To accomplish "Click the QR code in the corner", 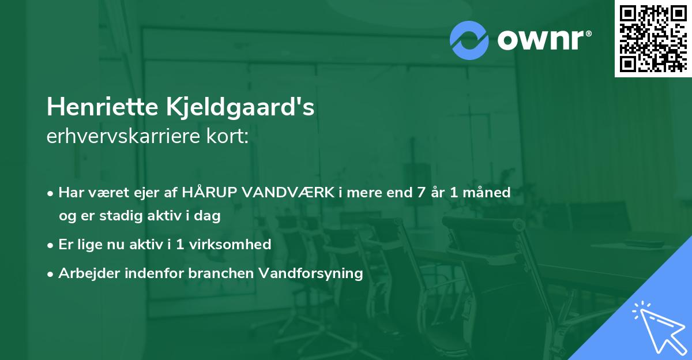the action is click(x=653, y=39).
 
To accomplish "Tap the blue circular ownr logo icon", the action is click(x=469, y=40).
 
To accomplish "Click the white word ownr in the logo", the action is click(x=540, y=40).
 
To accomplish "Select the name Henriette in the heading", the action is click(x=103, y=107).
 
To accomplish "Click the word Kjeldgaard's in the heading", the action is click(x=240, y=108).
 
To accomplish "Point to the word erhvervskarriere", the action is click(x=123, y=136).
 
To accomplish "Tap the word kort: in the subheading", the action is click(x=227, y=136).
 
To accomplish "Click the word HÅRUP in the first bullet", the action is click(x=209, y=192).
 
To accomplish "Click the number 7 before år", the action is click(x=421, y=192).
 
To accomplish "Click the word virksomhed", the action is click(x=230, y=244).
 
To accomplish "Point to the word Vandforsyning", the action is click(x=311, y=273).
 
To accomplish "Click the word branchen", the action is click(x=221, y=273).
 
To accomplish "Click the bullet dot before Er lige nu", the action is click(x=50, y=246).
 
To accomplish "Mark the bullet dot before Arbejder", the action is click(x=50, y=275).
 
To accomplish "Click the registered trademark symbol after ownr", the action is click(x=588, y=33).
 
